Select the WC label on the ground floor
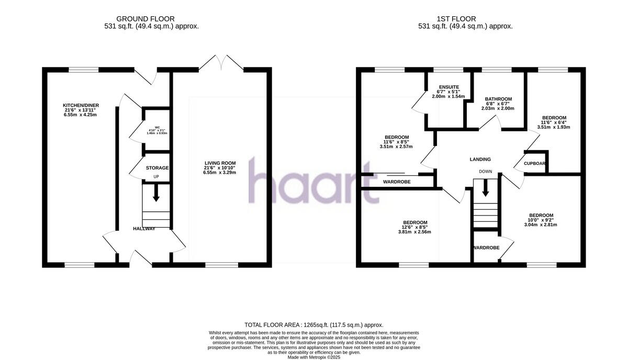point(150,127)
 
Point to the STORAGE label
point(157,168)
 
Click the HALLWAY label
point(144,229)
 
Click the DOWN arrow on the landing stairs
point(485,187)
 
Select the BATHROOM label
point(498,99)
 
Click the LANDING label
point(480,160)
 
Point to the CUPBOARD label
point(535,163)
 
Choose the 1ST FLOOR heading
point(465,19)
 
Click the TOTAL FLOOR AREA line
point(314,325)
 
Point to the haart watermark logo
point(313,180)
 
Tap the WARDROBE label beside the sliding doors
point(397,182)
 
